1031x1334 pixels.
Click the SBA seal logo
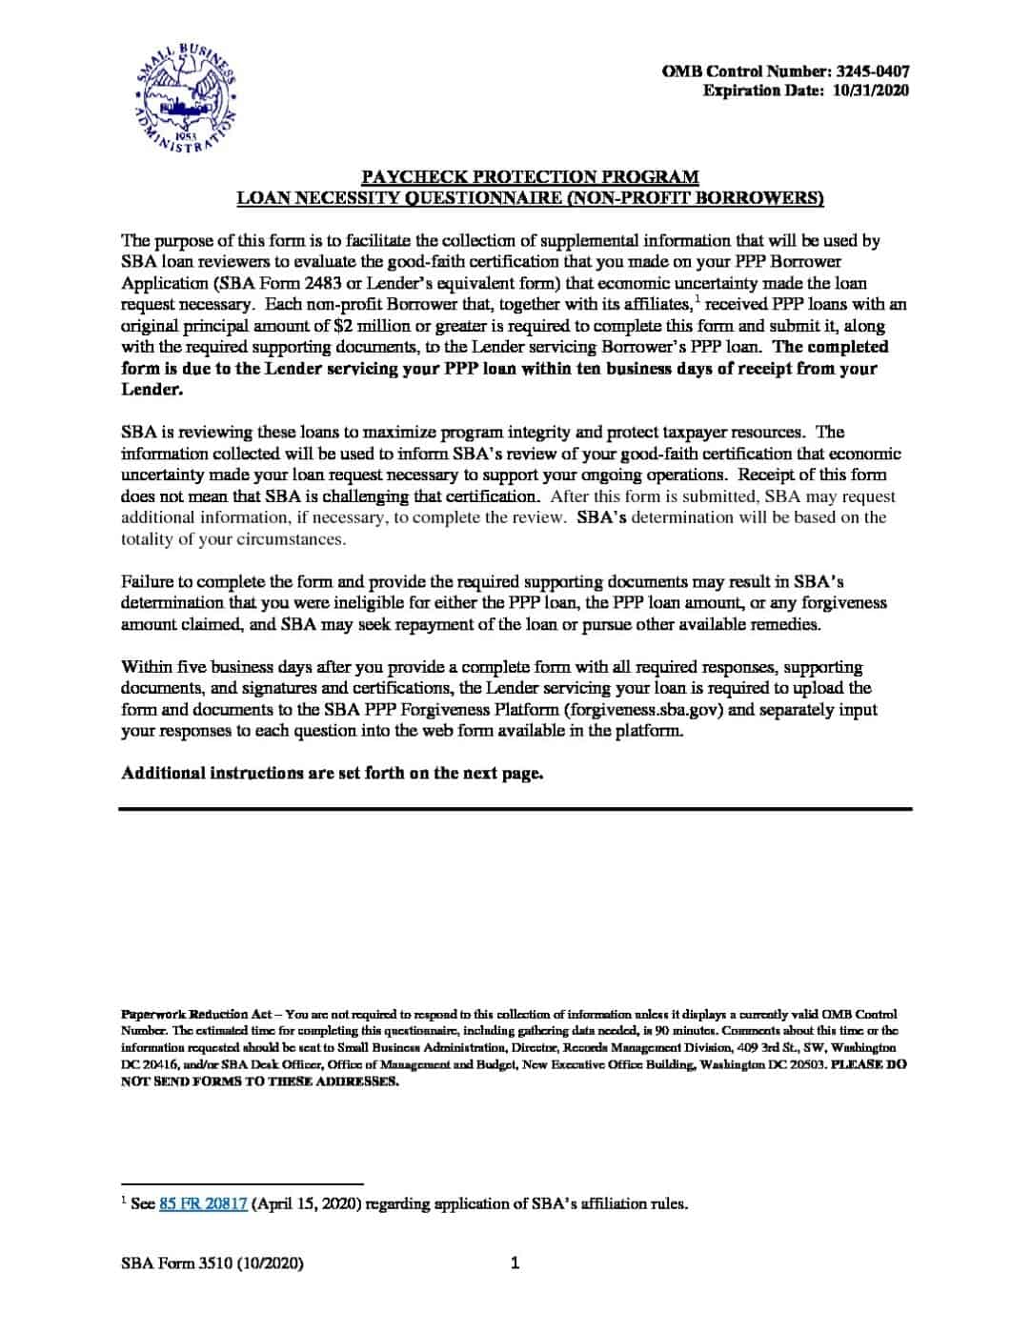click(x=185, y=98)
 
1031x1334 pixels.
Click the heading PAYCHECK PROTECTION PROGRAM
click(x=530, y=176)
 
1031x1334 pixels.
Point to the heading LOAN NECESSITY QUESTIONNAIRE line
click(x=530, y=198)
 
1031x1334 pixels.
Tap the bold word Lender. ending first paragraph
click(x=152, y=390)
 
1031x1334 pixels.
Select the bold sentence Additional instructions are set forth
click(x=332, y=773)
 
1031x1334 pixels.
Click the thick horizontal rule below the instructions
click(x=515, y=809)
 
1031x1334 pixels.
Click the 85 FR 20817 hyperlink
click(x=203, y=1203)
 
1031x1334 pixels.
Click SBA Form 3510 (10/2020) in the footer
click(x=212, y=1263)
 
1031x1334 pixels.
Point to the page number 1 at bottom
click(x=515, y=1263)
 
